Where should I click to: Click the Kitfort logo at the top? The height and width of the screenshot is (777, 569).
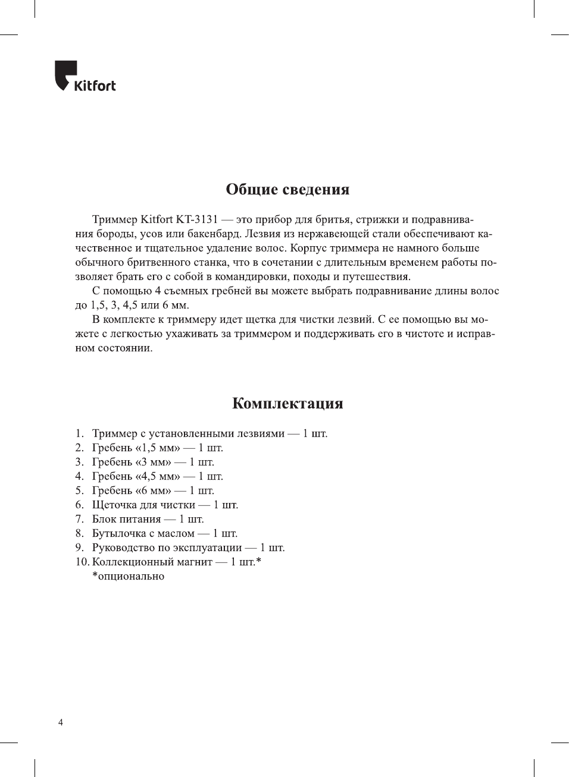pos(85,77)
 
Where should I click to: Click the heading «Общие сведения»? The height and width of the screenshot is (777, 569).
pos(287,190)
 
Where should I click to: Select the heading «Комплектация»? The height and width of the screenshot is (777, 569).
pos(287,404)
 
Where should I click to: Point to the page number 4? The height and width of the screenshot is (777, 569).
pos(61,723)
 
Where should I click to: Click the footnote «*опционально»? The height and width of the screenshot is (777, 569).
pos(128,576)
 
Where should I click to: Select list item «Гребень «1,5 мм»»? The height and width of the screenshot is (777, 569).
pos(157,448)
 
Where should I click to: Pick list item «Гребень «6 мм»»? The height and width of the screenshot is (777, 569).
pos(153,490)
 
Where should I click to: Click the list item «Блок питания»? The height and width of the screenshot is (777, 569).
pos(148,519)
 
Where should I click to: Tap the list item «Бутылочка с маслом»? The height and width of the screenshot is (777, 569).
pos(164,533)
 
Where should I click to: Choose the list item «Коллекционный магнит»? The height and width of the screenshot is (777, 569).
pos(176,562)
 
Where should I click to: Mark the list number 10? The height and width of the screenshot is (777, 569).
pos(82,562)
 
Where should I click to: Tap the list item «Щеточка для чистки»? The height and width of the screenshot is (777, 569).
pos(165,505)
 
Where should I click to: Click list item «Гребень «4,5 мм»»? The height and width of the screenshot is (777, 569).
pos(157,476)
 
